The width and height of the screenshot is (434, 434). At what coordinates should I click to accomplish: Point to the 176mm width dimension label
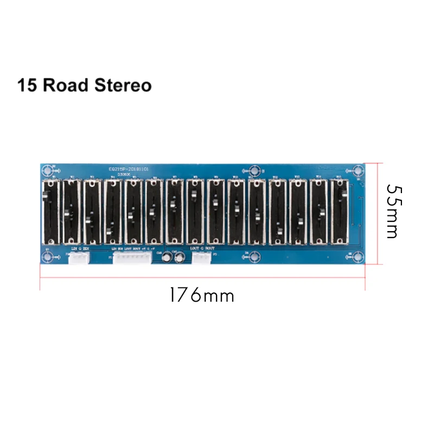click(x=201, y=296)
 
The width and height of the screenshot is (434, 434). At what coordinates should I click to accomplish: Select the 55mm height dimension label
click(x=392, y=212)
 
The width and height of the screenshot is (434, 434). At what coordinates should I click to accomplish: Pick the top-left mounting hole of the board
click(x=48, y=170)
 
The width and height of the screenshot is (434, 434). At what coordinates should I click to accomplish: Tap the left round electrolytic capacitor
click(x=168, y=258)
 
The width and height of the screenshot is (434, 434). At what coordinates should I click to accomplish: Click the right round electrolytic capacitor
click(x=178, y=259)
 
